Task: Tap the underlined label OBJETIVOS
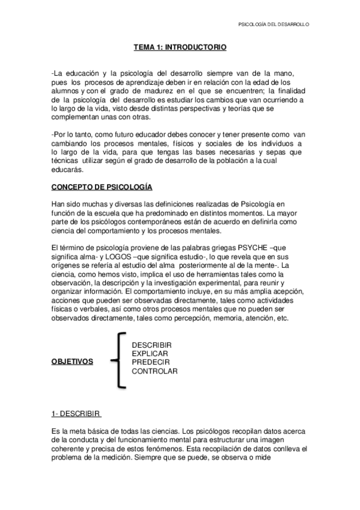coord(72,362)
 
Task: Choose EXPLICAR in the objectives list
coord(151,353)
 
